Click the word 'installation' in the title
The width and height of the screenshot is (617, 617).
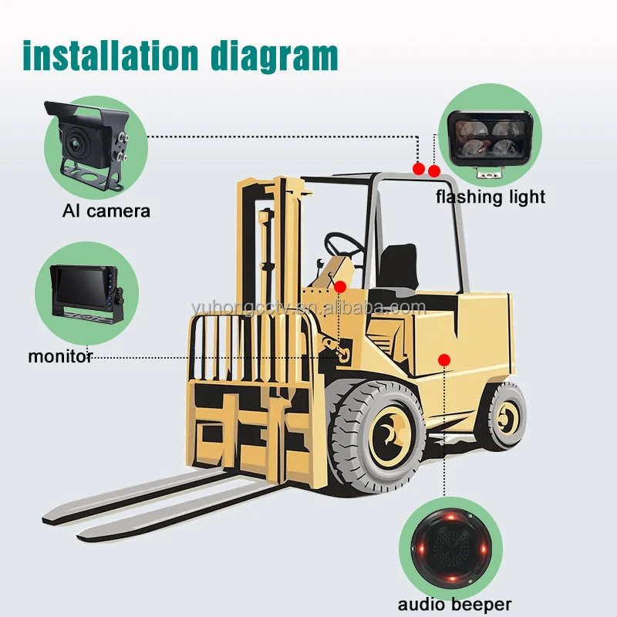(x=110, y=56)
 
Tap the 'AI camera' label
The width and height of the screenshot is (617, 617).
(x=106, y=211)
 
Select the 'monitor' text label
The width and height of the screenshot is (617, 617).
(x=60, y=356)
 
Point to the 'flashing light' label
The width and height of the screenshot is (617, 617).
(x=491, y=197)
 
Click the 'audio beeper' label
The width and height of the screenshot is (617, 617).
(x=454, y=604)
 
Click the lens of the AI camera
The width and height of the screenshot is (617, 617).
(x=74, y=141)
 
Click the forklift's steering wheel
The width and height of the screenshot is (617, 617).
(x=343, y=244)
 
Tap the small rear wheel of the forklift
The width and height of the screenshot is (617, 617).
(x=507, y=416)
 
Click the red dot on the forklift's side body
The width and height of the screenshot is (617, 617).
(x=444, y=359)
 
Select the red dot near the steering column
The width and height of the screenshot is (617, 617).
(x=340, y=287)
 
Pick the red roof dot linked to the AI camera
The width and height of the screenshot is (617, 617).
(x=419, y=169)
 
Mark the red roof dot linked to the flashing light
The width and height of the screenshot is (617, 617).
(x=434, y=171)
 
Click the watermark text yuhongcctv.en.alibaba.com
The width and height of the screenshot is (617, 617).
(x=308, y=307)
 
